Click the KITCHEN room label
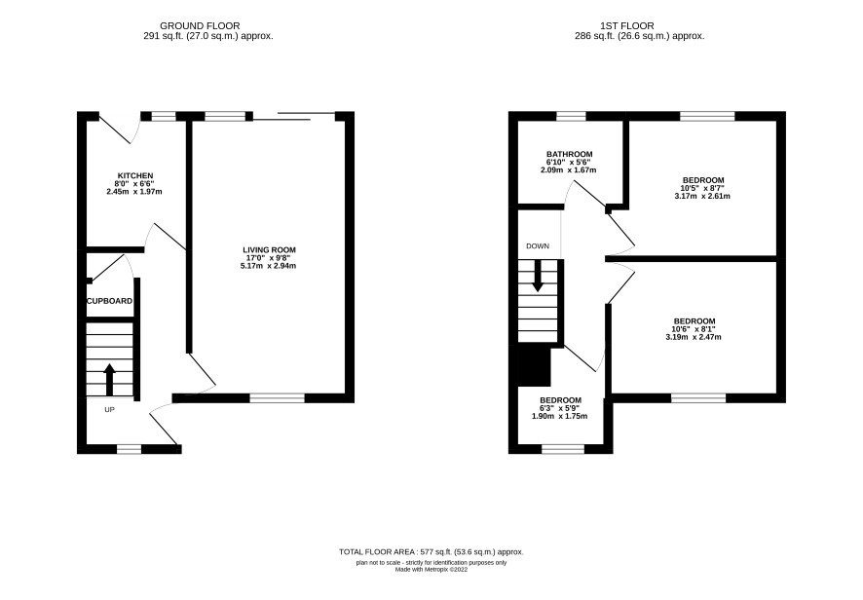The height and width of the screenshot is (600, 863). [134, 175]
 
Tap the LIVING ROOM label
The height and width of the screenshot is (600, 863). [269, 250]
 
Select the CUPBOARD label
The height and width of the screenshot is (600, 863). [109, 301]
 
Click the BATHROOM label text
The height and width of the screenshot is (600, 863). [569, 154]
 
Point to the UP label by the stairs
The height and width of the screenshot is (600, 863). [109, 409]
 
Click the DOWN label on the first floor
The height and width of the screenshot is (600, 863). [538, 246]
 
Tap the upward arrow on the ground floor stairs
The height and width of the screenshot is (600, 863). [109, 379]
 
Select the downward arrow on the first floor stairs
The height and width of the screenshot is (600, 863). [537, 275]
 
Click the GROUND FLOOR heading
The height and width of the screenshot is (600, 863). [200, 26]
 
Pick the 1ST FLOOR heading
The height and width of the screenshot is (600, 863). [627, 26]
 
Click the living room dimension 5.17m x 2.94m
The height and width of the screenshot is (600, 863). [269, 266]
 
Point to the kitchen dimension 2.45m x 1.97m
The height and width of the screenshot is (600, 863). [134, 192]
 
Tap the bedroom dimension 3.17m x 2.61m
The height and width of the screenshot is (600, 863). [702, 196]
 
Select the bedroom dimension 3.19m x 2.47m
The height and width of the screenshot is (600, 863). [694, 337]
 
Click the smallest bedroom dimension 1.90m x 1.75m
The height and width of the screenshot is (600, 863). [559, 416]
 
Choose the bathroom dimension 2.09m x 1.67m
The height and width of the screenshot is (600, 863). [569, 170]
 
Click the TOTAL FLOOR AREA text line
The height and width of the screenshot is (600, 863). [431, 551]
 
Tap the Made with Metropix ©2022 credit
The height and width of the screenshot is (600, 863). [431, 570]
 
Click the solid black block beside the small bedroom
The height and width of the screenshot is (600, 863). [535, 366]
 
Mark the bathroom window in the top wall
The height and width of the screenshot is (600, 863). [572, 116]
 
